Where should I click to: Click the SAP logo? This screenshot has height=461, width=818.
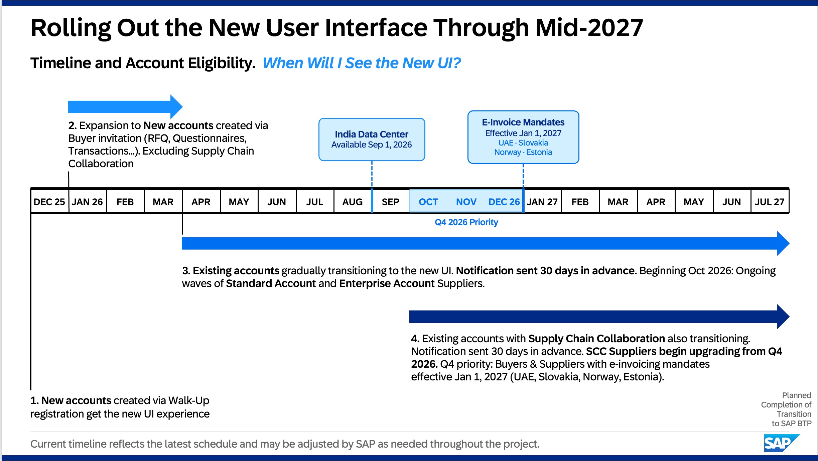click(781, 443)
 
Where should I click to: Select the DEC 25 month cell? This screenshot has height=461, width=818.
click(50, 201)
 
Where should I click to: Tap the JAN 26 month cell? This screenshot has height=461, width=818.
click(88, 201)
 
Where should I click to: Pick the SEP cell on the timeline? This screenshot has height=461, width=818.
click(391, 201)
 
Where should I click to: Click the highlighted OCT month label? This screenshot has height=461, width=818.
click(428, 202)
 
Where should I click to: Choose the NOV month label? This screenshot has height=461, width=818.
click(466, 202)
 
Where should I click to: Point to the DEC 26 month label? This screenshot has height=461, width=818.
click(504, 202)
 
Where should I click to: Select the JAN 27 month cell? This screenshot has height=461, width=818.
click(542, 201)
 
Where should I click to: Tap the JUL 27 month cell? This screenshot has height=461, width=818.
click(770, 201)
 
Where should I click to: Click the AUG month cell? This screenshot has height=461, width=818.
click(353, 201)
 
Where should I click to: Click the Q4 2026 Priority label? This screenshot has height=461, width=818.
click(466, 222)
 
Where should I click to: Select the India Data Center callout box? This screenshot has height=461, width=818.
click(372, 140)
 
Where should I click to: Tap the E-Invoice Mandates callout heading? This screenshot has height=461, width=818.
click(523, 122)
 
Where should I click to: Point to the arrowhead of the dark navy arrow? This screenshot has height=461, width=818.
click(783, 316)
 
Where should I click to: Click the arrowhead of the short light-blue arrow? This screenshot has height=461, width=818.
click(176, 107)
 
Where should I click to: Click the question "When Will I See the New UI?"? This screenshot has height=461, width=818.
click(362, 63)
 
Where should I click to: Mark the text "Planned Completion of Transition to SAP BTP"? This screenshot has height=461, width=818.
click(786, 409)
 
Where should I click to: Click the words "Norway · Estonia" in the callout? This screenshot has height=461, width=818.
click(523, 152)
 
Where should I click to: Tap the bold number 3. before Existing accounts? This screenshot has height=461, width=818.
click(186, 271)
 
